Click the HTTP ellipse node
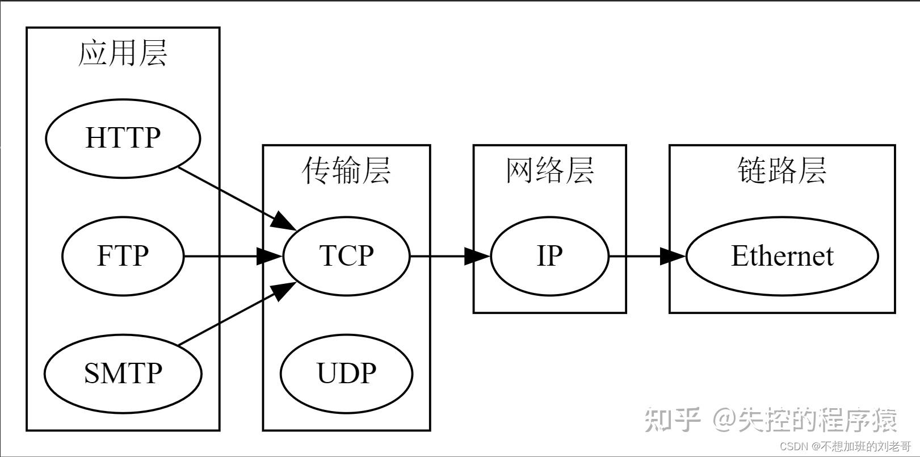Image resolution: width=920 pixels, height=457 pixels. coord(123,138)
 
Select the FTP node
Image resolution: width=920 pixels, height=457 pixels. coord(123,256)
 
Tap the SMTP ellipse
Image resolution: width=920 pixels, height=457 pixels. coord(123,374)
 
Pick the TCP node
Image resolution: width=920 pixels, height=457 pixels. coord(346,256)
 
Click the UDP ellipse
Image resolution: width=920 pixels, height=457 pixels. coord(346,374)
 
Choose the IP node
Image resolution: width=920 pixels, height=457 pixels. coord(549,256)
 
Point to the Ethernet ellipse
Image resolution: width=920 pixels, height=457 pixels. coord(782,256)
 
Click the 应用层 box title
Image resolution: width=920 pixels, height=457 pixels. coord(123,54)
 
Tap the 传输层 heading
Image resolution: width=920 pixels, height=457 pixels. coord(346,170)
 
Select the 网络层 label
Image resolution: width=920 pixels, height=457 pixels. coord(549,170)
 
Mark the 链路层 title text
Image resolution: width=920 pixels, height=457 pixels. coord(782,170)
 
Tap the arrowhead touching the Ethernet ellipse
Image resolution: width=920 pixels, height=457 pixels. coord(674,256)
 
